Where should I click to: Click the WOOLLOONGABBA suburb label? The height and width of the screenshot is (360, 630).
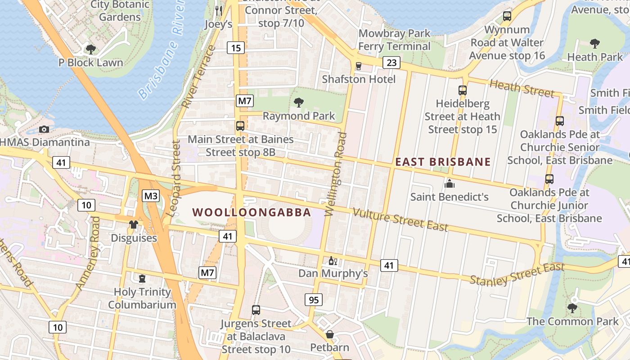coord(252,212)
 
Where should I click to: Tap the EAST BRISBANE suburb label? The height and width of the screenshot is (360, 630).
coord(443,162)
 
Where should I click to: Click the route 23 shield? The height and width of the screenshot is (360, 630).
coord(391,63)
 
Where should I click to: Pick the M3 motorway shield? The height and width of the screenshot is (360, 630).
coord(151,196)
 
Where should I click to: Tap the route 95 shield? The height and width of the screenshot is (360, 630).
coord(313,299)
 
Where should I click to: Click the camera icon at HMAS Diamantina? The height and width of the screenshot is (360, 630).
coord(44,130)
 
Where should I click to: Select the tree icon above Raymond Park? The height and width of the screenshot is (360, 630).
coord(298,103)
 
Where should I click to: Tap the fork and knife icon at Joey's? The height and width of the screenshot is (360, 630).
coord(219,10)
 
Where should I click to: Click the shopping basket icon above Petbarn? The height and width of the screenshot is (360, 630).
coord(330,334)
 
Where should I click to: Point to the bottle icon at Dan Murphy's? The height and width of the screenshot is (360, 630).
coord(333,261)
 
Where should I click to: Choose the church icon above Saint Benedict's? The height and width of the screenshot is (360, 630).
coord(449,184)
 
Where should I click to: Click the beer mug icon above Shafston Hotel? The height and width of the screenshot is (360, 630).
coord(358,66)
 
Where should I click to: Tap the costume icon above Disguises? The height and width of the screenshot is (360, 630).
coord(134,225)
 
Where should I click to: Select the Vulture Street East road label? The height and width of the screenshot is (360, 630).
coord(400,220)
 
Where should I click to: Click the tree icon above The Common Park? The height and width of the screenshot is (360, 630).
coord(572,308)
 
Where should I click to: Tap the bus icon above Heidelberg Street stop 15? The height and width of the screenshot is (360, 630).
coord(462,90)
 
